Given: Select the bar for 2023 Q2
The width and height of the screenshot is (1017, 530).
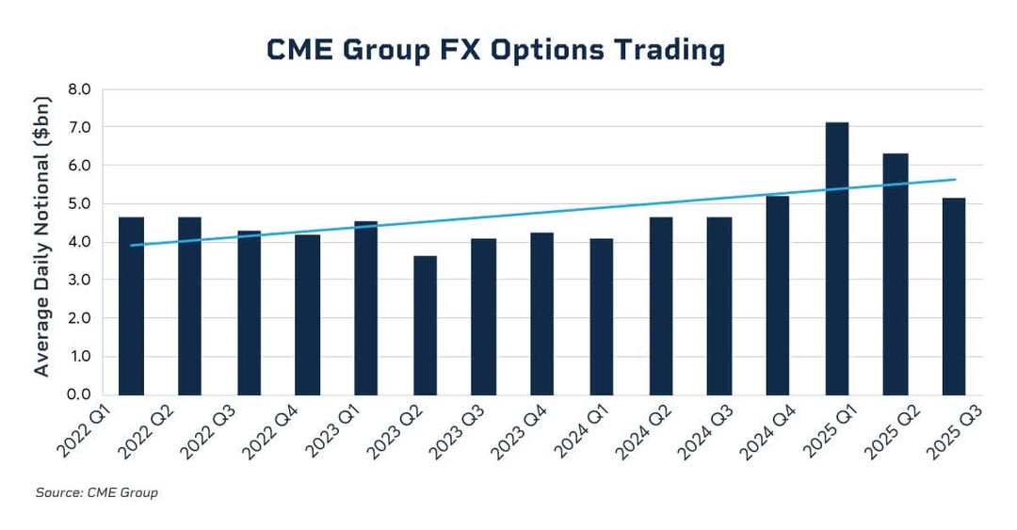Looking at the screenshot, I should (425, 325).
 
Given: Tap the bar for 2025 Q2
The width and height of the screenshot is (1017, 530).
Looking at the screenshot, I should (895, 274).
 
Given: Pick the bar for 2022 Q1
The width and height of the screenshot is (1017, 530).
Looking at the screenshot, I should (131, 306).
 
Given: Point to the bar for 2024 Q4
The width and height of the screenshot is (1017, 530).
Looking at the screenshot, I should (777, 296).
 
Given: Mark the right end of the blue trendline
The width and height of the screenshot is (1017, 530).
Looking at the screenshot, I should (955, 180).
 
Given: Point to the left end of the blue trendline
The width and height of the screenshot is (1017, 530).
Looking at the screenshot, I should (131, 245).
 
